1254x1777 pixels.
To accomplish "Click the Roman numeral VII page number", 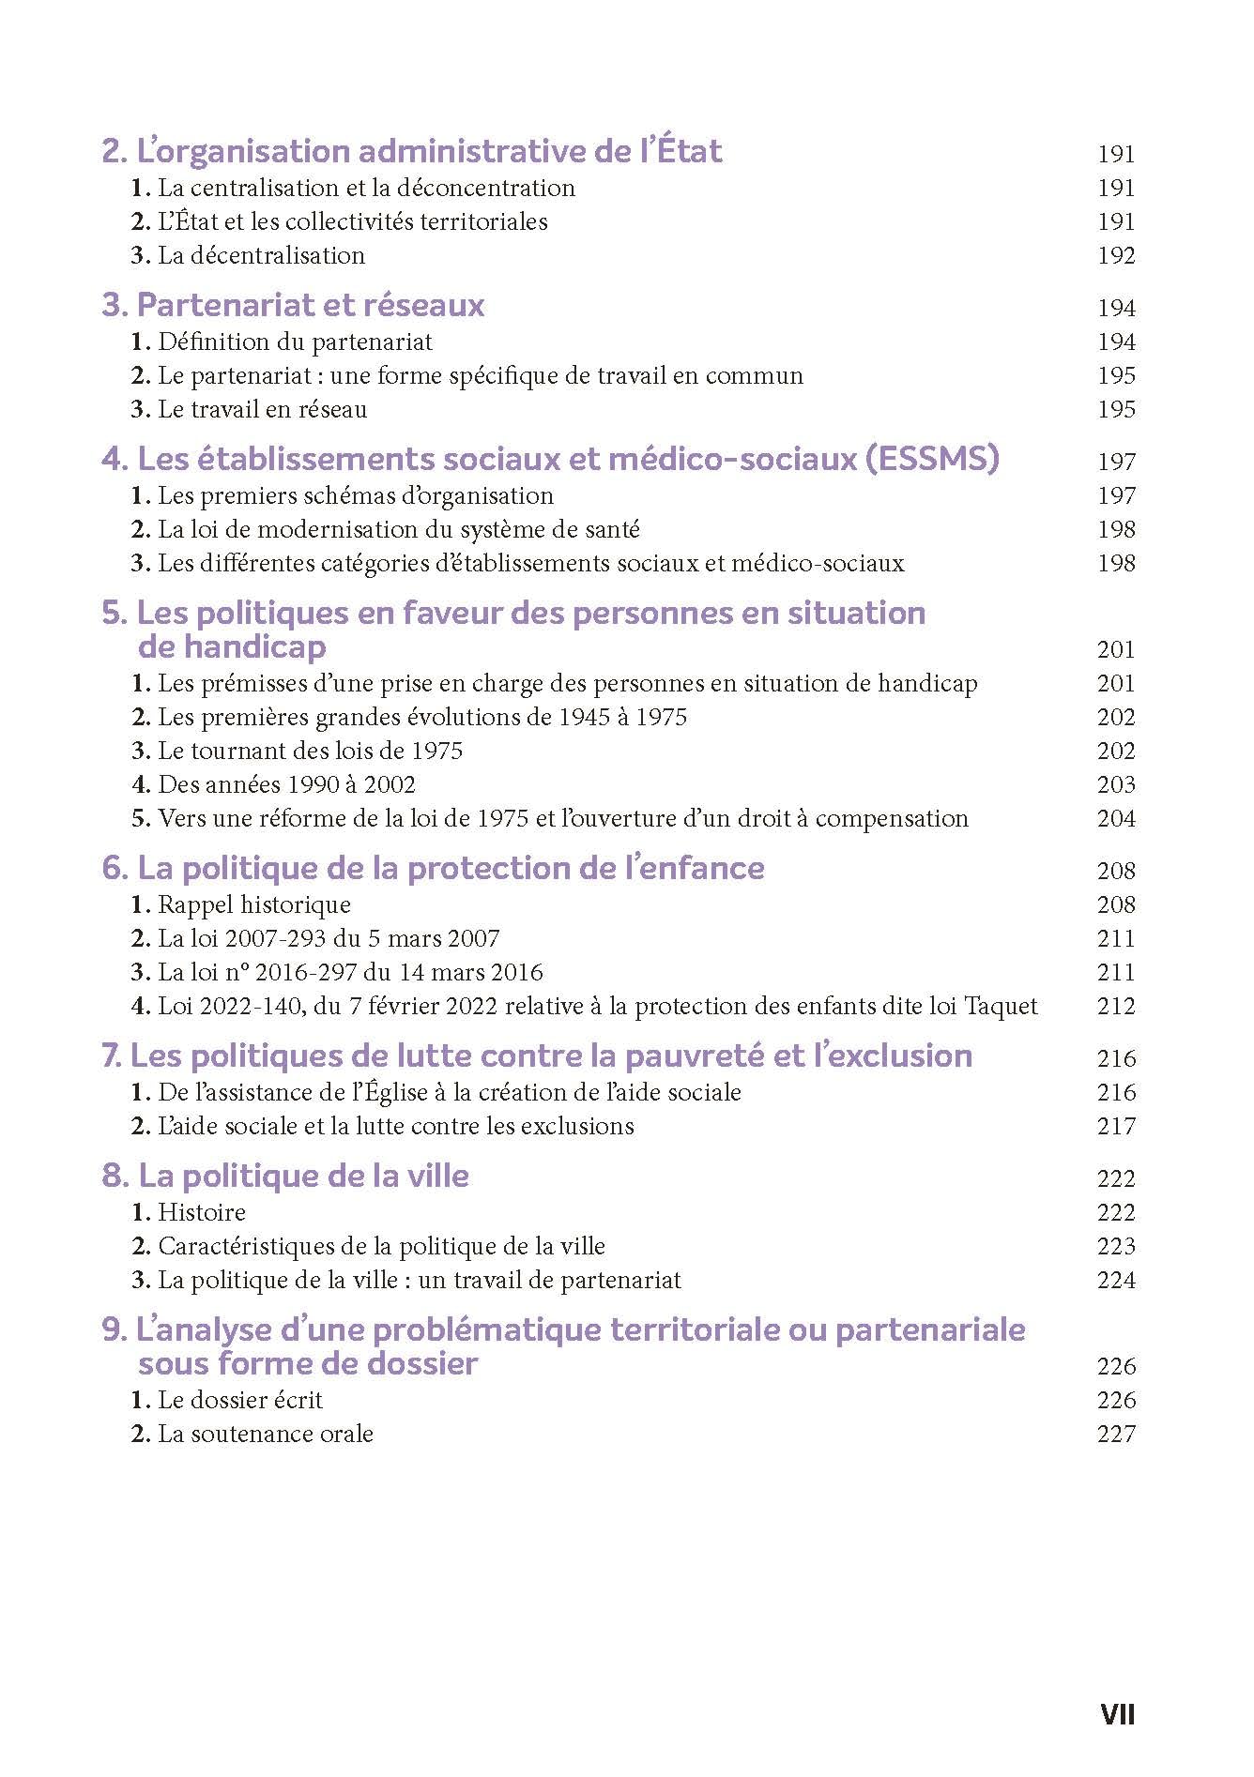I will click(1117, 1714).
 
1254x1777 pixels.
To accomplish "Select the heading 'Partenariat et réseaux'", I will click(310, 306).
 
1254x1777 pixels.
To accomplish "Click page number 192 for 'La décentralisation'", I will click(1116, 256).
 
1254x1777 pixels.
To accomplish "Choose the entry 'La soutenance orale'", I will click(265, 1435).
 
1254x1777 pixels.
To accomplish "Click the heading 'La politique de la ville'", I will click(303, 1177).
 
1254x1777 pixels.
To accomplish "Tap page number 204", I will click(1116, 819).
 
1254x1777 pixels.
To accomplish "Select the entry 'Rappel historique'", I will click(253, 905).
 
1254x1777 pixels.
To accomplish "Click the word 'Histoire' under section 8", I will click(202, 1213).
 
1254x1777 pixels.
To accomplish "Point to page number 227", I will click(1116, 1435).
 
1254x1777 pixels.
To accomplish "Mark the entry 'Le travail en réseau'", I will click(262, 410).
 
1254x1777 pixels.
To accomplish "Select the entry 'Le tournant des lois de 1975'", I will click(310, 752).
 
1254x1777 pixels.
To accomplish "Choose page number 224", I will click(1116, 1281).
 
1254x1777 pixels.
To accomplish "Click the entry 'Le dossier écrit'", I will click(239, 1401).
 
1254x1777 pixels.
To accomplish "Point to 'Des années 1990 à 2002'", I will click(286, 785).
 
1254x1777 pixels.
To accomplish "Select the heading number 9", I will click(113, 1330).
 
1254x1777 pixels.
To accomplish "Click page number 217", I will click(1116, 1127).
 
